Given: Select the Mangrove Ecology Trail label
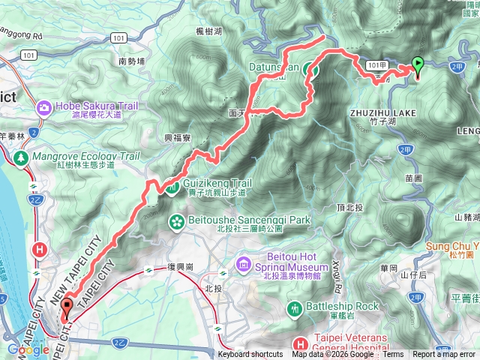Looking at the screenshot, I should tap(85, 157).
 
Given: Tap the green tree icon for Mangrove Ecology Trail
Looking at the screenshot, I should tap(21, 157).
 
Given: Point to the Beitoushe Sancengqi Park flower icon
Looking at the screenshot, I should tap(178, 221).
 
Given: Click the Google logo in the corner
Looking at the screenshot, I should tap(28, 349).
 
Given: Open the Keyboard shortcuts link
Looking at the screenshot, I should tap(250, 355).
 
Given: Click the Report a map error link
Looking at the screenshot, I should tap(445, 355).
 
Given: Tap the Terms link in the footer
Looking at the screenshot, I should tap(392, 355).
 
